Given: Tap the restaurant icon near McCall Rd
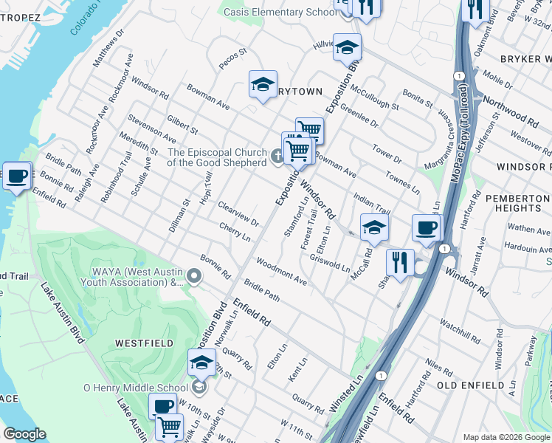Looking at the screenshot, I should click(x=399, y=261).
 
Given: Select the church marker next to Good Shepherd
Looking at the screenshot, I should click(x=276, y=156).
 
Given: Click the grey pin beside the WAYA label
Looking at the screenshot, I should click(x=193, y=276).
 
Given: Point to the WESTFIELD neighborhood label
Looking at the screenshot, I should click(x=144, y=343).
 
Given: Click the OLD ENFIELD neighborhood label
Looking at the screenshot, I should click(x=469, y=385).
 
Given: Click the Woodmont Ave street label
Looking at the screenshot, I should click(x=281, y=272).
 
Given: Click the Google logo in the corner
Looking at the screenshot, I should click(x=24, y=434).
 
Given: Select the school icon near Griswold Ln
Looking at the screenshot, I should click(x=374, y=227).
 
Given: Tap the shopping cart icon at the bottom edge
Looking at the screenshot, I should click(x=170, y=426).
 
